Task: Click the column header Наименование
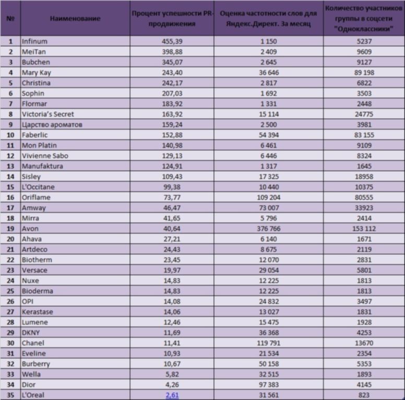tap(75, 19)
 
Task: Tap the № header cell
tap(10, 19)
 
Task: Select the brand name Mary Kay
tap(37, 73)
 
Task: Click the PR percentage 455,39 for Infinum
tap(172, 41)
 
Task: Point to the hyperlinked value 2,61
tap(172, 395)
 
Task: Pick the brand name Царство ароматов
tap(52, 125)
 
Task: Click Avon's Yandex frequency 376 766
tap(269, 229)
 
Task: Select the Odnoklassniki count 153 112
tap(364, 229)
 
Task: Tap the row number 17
tap(10, 208)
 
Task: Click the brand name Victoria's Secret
tap(48, 114)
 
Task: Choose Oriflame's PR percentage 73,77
tap(172, 197)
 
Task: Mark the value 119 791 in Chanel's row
tap(269, 343)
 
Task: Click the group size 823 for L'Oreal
tap(364, 395)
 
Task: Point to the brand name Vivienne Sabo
tap(45, 156)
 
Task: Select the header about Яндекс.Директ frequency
tap(268, 19)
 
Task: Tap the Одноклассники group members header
tap(364, 19)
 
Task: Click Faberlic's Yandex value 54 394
tap(269, 135)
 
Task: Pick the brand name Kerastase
tap(38, 312)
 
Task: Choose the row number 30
tap(10, 343)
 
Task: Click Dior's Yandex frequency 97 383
tap(269, 384)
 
